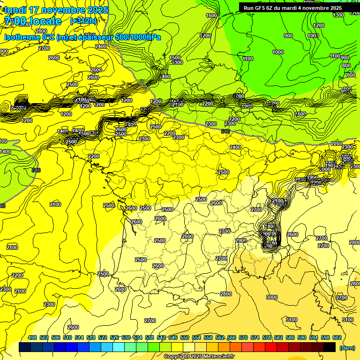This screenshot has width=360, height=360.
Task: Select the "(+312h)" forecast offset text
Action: click(83, 21)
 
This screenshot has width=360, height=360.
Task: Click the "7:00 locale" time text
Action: click(33, 21)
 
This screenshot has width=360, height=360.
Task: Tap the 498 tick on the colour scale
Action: click(32, 337)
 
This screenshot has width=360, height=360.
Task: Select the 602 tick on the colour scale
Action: click(337, 337)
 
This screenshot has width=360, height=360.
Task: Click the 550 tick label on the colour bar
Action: click(184, 337)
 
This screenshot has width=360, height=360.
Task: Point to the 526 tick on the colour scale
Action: click(114, 337)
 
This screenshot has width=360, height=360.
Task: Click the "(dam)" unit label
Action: click(347, 347)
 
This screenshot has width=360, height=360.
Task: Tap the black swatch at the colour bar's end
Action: click(330, 347)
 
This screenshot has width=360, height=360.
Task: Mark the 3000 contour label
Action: click(271, 297)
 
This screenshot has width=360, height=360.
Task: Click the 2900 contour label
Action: click(241, 240)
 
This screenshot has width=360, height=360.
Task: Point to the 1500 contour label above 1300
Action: click(175, 57)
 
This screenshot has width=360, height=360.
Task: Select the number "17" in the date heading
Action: click(34, 10)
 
